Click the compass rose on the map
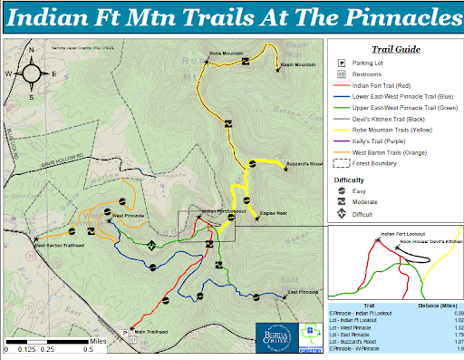[x=33, y=72]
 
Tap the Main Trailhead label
[x=151, y=332]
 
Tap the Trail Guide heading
[x=395, y=50]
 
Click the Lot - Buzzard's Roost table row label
[x=356, y=341]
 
